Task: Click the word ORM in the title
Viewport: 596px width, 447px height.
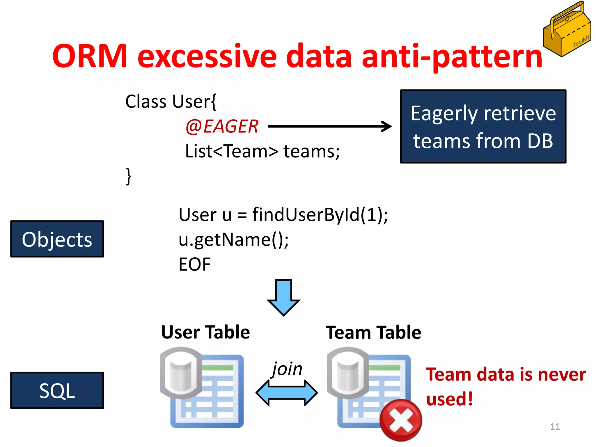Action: [x=90, y=56]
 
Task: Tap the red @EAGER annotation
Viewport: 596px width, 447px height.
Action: [x=222, y=127]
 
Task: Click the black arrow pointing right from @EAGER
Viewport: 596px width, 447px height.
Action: [x=329, y=126]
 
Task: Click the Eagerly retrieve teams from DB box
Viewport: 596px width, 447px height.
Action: [x=483, y=127]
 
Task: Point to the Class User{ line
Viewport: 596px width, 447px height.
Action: [x=171, y=102]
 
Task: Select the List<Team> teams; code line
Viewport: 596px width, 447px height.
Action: [x=262, y=152]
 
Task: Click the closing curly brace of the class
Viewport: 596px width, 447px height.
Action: [x=128, y=176]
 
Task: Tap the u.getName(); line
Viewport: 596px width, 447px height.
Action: [x=233, y=240]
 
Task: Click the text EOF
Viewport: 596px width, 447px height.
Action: [x=194, y=265]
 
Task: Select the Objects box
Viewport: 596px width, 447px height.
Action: [x=57, y=239]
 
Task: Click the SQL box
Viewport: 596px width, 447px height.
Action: [x=57, y=391]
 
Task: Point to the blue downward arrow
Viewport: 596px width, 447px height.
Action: [x=283, y=297]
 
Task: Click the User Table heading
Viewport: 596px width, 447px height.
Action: [x=205, y=332]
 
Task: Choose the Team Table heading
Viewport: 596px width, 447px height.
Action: [x=373, y=332]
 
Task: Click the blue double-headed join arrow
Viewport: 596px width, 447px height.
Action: [x=287, y=393]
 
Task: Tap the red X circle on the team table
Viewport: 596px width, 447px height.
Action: [x=401, y=420]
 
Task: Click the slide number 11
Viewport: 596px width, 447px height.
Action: [x=555, y=427]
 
